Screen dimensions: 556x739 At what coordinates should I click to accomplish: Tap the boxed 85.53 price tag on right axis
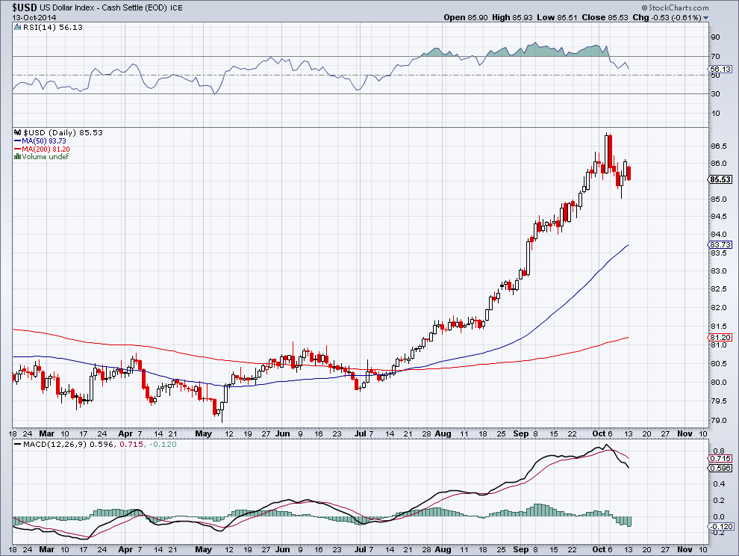pyautogui.click(x=720, y=180)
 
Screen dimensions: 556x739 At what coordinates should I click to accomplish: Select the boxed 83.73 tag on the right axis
pyautogui.click(x=720, y=244)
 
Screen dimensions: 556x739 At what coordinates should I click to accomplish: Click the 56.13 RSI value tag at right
pyautogui.click(x=720, y=69)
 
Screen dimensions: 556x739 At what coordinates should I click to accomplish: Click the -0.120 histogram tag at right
pyautogui.click(x=720, y=528)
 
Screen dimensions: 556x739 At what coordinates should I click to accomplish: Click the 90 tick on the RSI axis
pyautogui.click(x=715, y=37)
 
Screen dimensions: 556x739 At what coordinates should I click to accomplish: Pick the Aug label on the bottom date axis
pyautogui.click(x=443, y=433)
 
